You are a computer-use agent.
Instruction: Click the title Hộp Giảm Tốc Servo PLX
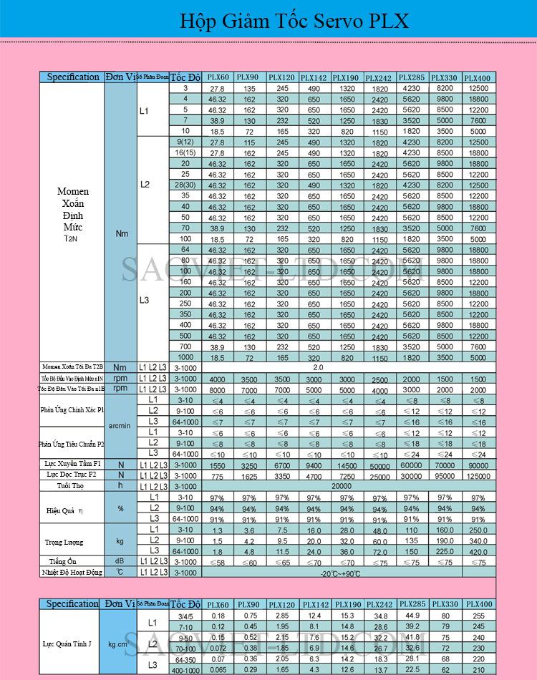[x=294, y=21]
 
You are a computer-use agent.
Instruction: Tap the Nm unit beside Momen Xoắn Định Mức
[x=121, y=233]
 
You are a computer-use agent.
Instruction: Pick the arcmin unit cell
[x=120, y=426]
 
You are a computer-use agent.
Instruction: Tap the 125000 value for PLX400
[x=478, y=475]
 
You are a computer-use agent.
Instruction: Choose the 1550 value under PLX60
[x=218, y=465]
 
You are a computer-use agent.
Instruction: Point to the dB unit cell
[x=120, y=561]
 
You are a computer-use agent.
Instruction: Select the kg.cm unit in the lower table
[x=120, y=644]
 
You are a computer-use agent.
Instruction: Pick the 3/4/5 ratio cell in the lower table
[x=185, y=616]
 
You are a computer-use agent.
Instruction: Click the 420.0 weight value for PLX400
[x=478, y=552]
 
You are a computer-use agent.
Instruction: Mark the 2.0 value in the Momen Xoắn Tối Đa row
[x=319, y=367]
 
